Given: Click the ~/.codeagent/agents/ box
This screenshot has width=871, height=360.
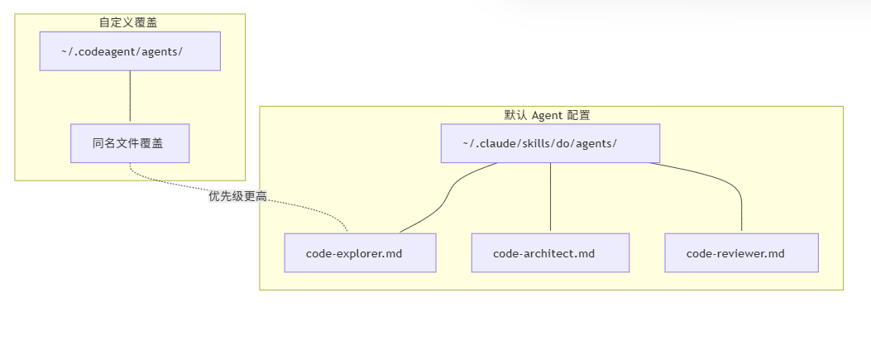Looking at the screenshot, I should pyautogui.click(x=130, y=51).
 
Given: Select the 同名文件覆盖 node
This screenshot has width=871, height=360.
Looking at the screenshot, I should pyautogui.click(x=130, y=143).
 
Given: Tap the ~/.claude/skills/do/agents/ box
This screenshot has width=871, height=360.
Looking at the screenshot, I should pyautogui.click(x=549, y=143).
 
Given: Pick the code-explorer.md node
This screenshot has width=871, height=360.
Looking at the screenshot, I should pyautogui.click(x=360, y=252).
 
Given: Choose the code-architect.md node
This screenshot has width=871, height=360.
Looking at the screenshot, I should pyautogui.click(x=550, y=252).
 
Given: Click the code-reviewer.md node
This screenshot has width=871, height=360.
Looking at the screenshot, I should pyautogui.click(x=741, y=252).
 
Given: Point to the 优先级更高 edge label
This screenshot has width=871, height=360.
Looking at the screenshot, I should pyautogui.click(x=242, y=196).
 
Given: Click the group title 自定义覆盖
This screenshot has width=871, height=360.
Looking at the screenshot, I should pyautogui.click(x=129, y=22).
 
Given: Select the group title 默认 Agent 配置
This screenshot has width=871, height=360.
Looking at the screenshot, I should pyautogui.click(x=551, y=115).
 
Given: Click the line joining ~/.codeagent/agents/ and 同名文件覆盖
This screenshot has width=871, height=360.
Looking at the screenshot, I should pyautogui.click(x=130, y=97).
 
